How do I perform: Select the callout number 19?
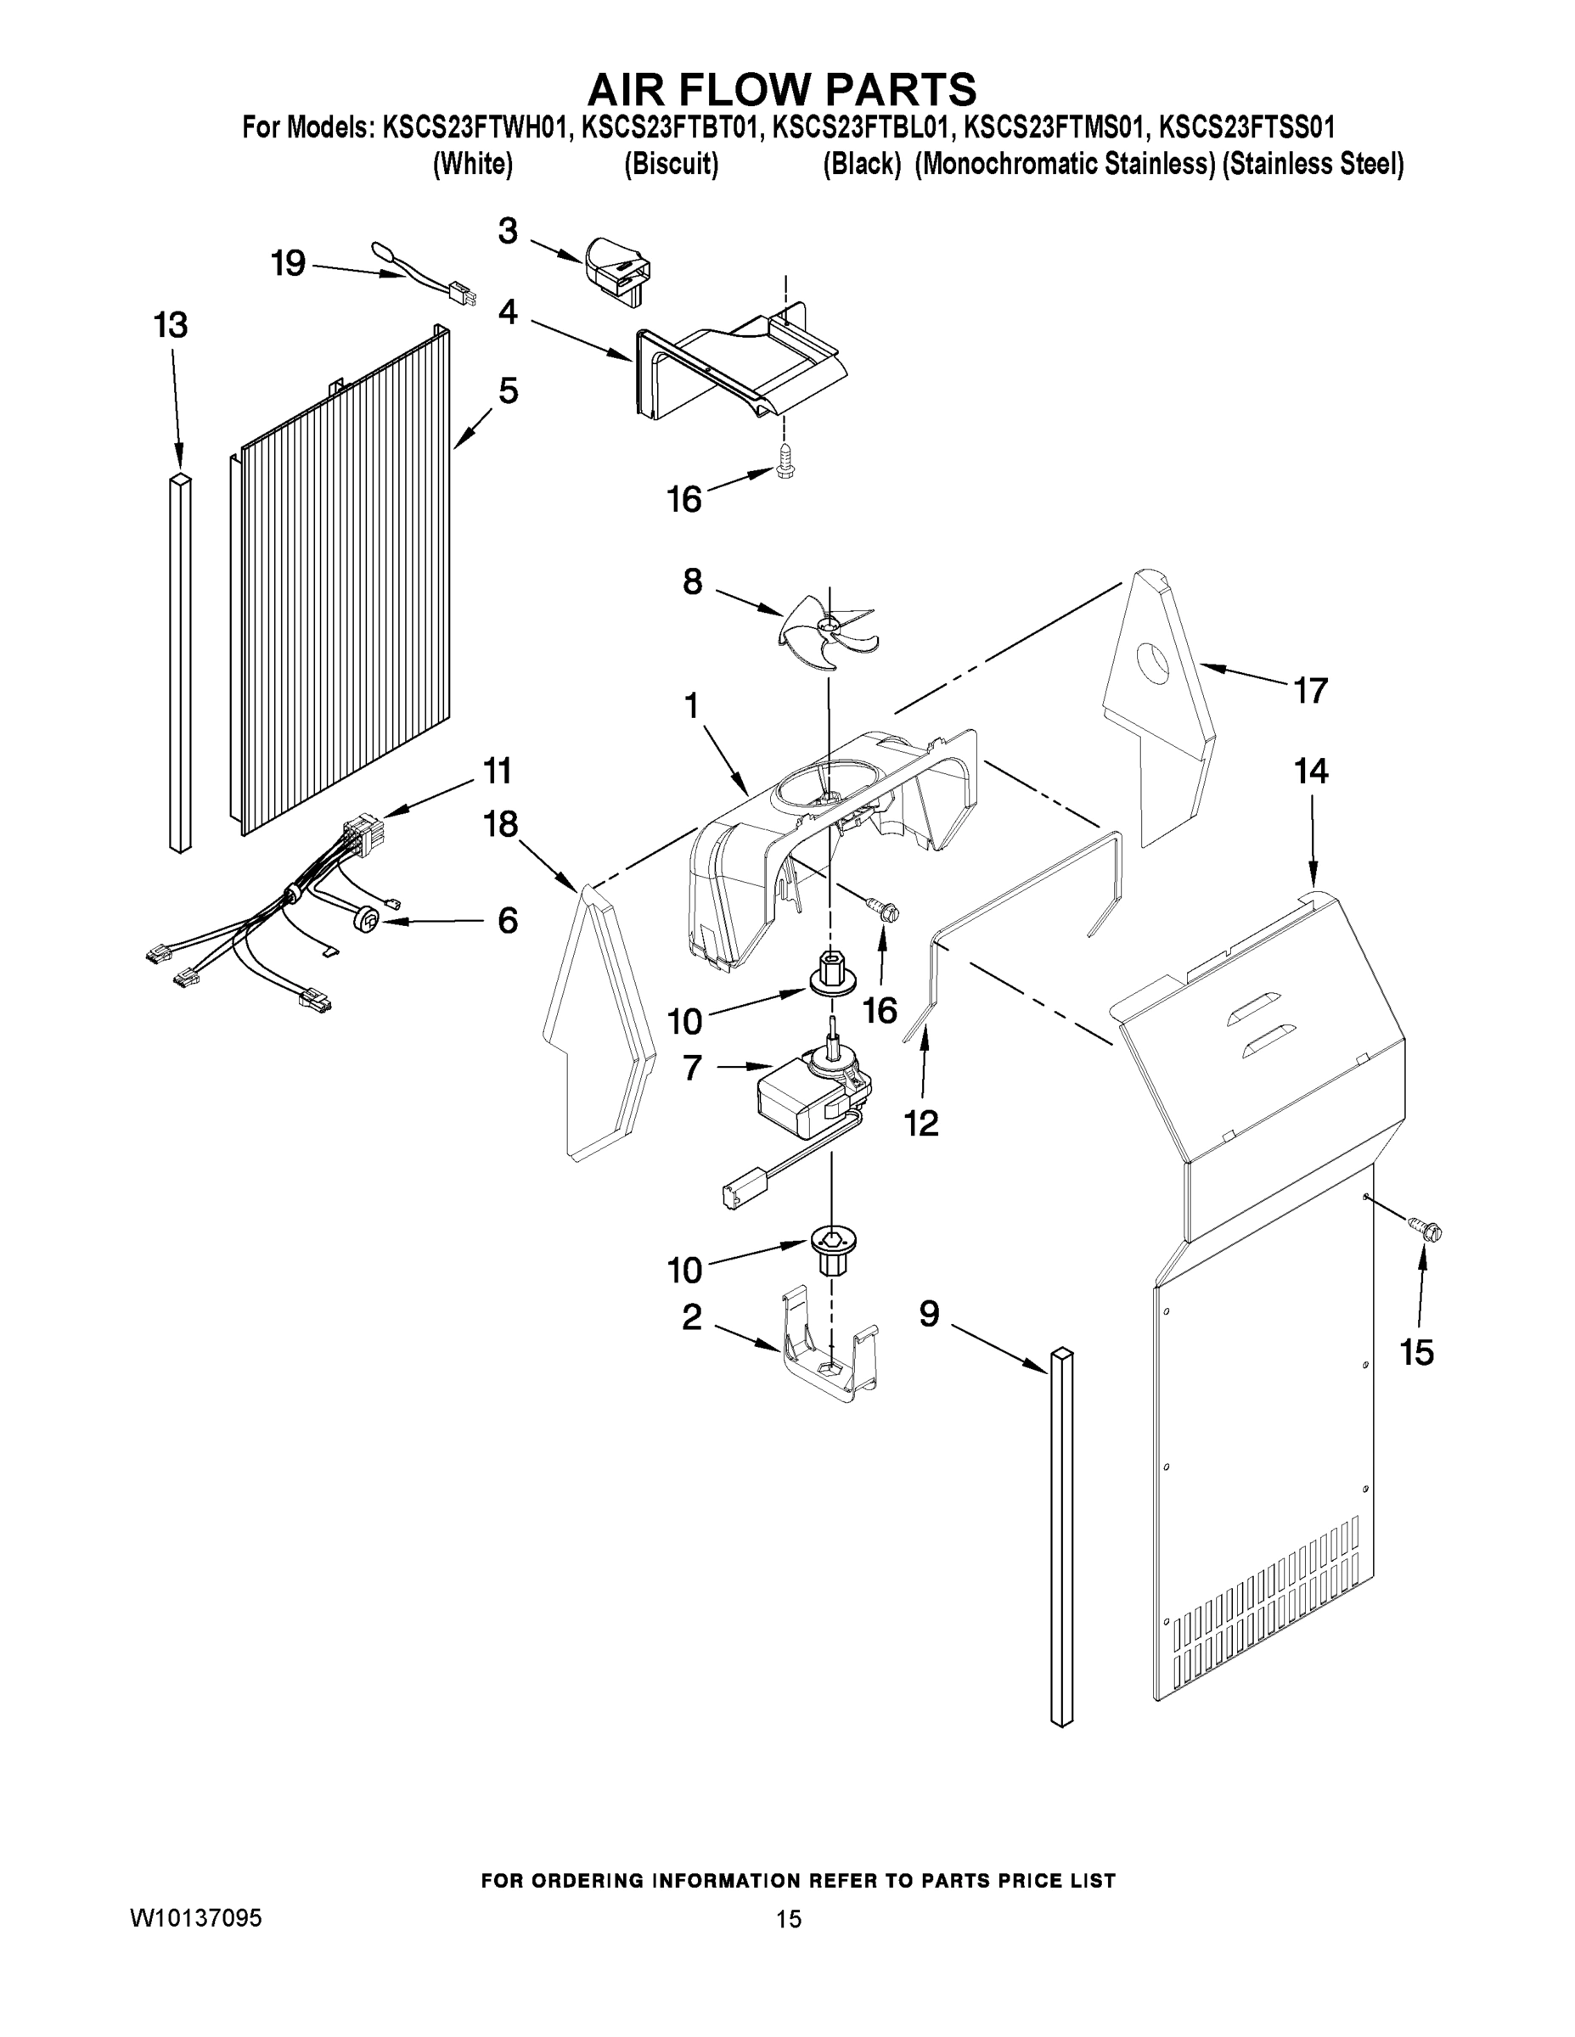[289, 264]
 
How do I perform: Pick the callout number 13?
[171, 326]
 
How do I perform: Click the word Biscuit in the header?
[671, 166]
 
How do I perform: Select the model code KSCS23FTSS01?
[1246, 126]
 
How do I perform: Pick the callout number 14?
[1311, 772]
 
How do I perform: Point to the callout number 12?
[921, 1124]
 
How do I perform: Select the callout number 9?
[930, 1315]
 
